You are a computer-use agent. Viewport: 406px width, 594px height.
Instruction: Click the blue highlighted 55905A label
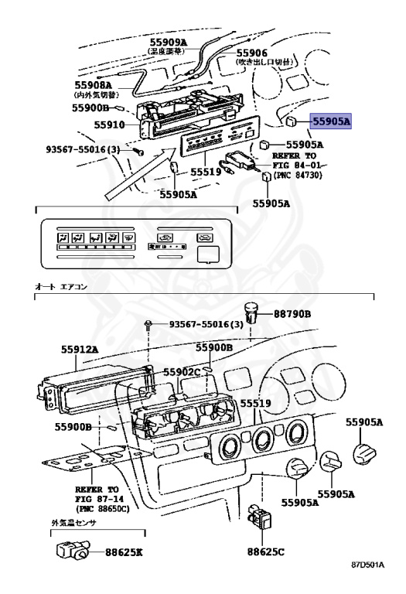click(331, 121)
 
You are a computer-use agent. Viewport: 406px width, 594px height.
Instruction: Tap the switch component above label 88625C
click(260, 515)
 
